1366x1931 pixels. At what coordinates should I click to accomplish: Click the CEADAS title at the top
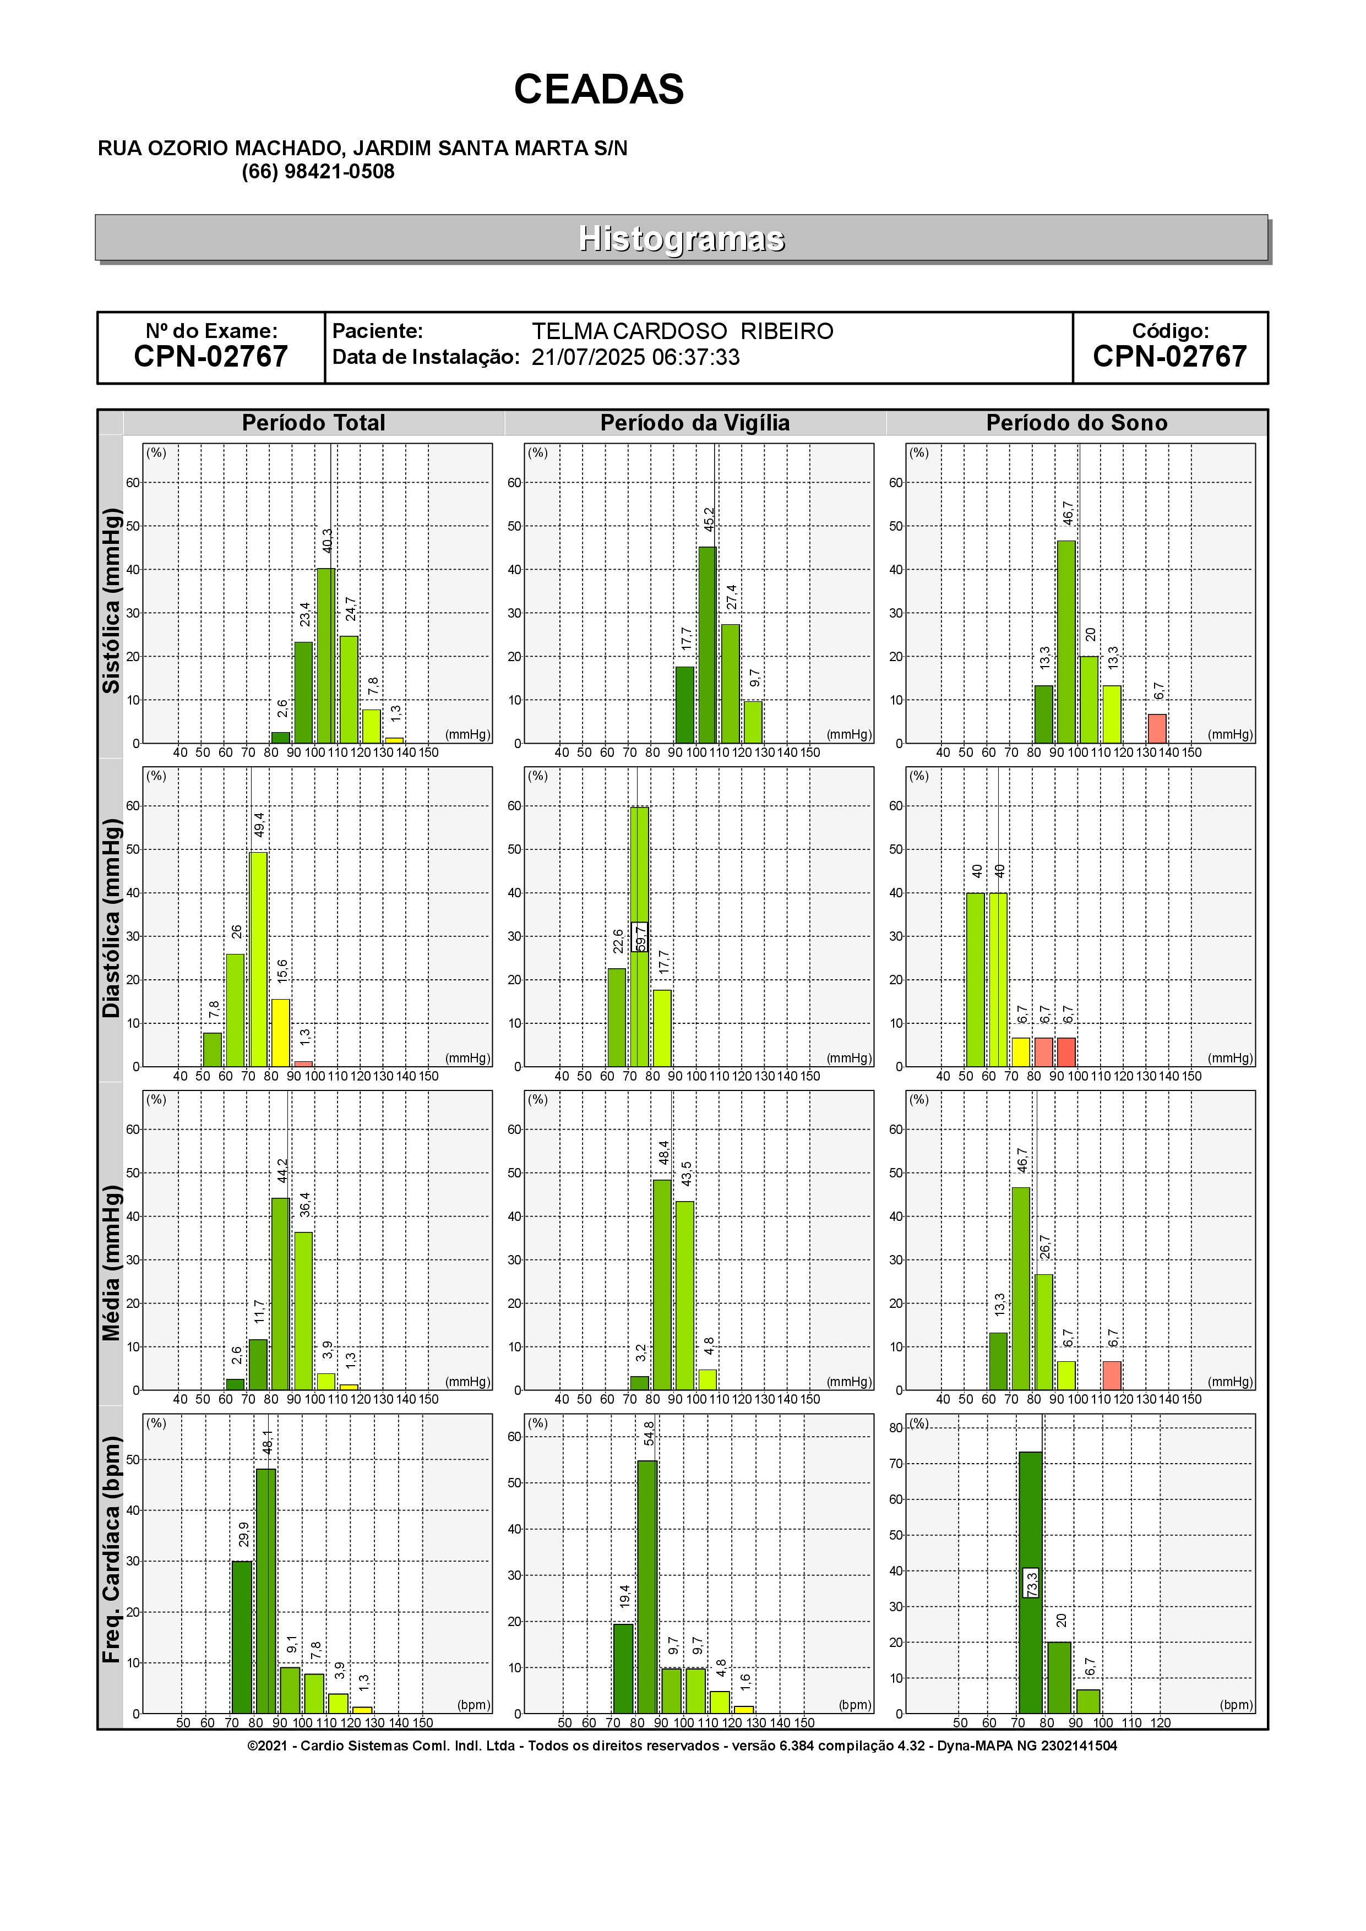point(599,89)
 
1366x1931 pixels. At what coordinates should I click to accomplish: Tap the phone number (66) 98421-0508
point(318,172)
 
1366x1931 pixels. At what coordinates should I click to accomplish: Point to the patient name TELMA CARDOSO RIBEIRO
point(682,331)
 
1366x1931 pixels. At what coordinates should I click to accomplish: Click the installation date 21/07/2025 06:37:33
point(635,357)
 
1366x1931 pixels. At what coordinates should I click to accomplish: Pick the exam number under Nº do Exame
point(211,357)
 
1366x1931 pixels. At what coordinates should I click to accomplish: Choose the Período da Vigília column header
point(695,423)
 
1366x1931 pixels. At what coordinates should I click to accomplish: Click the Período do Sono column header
point(1076,423)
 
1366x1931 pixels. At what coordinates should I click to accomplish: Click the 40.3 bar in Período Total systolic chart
point(325,656)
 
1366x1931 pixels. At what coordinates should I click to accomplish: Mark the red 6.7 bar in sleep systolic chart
point(1157,728)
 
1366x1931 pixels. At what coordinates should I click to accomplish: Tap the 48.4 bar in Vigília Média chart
point(662,1285)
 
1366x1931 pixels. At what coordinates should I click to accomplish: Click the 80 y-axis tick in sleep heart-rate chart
point(896,1427)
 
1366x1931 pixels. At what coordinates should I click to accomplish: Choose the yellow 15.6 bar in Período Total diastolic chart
point(280,1033)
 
